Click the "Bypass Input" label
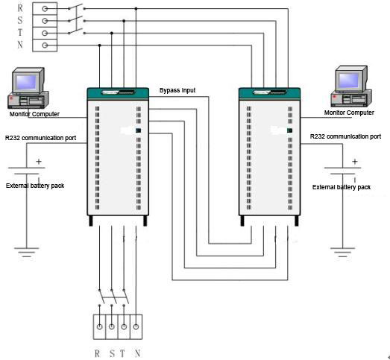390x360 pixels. click(x=177, y=90)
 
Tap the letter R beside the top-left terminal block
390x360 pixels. click(x=20, y=8)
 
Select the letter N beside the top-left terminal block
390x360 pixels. click(x=20, y=45)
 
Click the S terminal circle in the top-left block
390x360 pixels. click(x=45, y=21)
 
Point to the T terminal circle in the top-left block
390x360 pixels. click(x=45, y=33)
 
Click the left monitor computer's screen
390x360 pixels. click(x=26, y=82)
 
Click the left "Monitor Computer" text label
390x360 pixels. click(x=34, y=114)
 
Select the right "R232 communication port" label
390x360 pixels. click(x=345, y=136)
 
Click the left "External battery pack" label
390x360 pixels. click(x=35, y=186)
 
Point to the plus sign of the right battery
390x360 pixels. click(x=355, y=162)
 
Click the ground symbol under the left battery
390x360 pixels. click(x=27, y=252)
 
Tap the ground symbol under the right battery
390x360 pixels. click(x=342, y=252)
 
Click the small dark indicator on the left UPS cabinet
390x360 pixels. click(x=139, y=130)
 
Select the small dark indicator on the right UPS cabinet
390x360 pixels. click(x=290, y=130)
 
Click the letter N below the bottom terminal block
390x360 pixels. click(x=137, y=353)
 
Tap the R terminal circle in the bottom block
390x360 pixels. click(x=99, y=326)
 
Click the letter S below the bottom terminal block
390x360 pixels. click(x=112, y=353)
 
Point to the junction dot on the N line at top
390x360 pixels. click(x=100, y=45)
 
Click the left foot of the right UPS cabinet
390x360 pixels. click(x=242, y=221)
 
